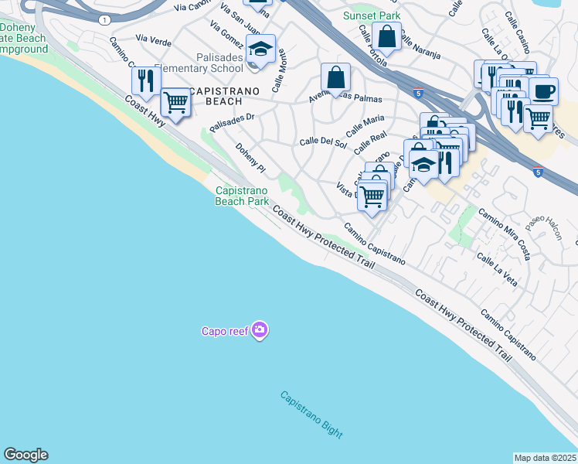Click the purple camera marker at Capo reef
(x=259, y=331)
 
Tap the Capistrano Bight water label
(x=311, y=415)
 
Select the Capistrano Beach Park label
(x=242, y=196)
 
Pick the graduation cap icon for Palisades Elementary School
(x=261, y=49)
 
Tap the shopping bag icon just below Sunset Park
(x=386, y=36)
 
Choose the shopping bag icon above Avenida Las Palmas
(x=336, y=77)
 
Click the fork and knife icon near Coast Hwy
(x=144, y=80)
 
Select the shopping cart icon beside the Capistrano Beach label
(x=176, y=101)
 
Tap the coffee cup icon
(x=544, y=90)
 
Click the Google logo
(x=25, y=455)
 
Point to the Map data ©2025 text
(x=545, y=458)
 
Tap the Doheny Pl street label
(x=250, y=157)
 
